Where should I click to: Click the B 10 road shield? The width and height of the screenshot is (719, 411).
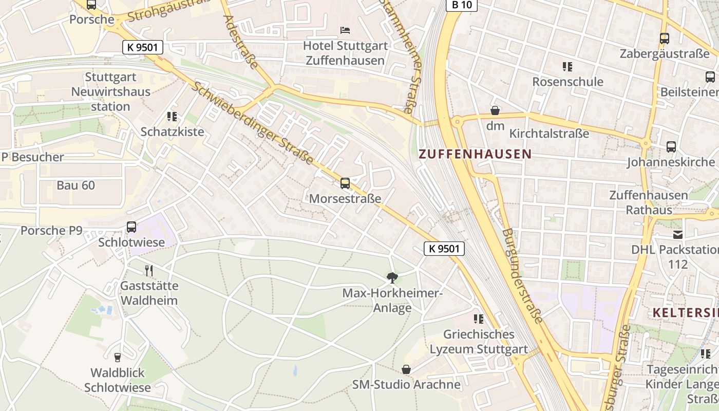tap(461, 5)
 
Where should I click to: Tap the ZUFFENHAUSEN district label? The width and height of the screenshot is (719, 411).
tap(475, 154)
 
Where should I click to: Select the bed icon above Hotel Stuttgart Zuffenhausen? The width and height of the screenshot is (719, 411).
tap(345, 30)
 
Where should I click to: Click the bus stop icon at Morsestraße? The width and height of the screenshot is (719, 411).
tap(345, 183)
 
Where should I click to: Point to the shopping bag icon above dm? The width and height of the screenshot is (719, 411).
tap(495, 110)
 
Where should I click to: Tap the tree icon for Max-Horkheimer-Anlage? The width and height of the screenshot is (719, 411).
tap(392, 278)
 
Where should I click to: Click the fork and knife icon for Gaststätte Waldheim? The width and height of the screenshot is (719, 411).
tap(149, 270)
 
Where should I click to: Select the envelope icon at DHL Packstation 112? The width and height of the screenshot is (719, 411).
tap(678, 234)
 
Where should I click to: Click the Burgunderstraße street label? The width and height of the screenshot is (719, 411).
tap(522, 276)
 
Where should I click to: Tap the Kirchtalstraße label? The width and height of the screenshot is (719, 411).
tap(549, 134)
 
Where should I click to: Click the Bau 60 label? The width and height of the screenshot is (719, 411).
tap(76, 185)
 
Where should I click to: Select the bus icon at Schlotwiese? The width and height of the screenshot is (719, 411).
tap(131, 227)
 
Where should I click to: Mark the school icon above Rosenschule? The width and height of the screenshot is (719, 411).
tap(567, 66)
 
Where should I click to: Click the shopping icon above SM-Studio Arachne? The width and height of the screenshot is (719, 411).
tap(406, 369)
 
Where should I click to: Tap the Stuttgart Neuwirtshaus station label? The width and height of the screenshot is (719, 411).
tap(111, 92)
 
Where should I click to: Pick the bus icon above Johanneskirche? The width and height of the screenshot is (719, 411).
tap(671, 147)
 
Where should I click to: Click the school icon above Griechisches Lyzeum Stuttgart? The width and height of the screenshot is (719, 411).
tap(479, 319)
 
